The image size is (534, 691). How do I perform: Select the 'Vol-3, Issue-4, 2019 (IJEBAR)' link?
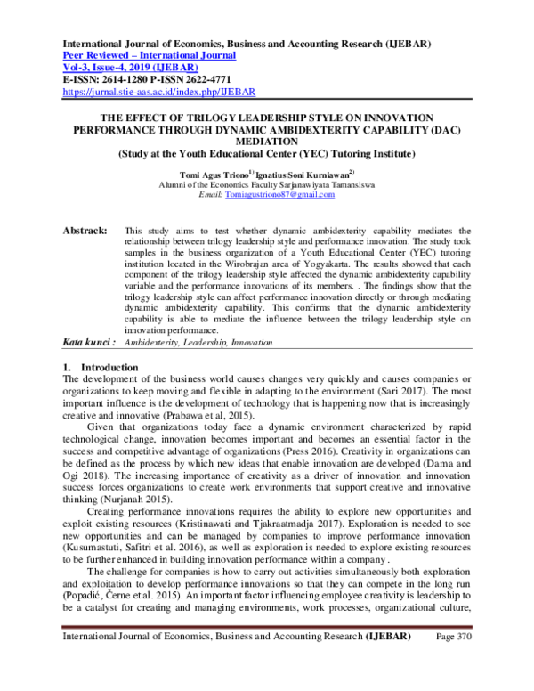click(129, 67)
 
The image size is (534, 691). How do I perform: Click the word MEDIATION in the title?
click(266, 140)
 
